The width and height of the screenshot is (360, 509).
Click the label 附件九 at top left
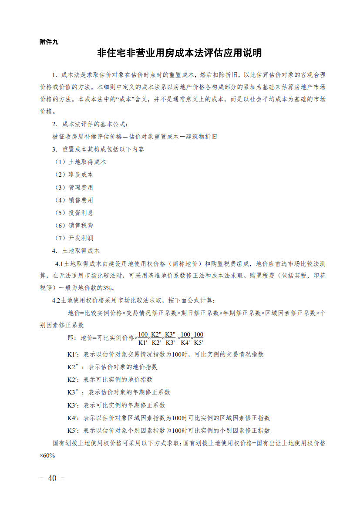coord(48,42)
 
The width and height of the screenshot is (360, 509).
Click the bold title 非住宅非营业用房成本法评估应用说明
coord(179,54)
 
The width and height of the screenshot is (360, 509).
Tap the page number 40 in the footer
coord(52,478)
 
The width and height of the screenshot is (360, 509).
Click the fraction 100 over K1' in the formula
coord(143,338)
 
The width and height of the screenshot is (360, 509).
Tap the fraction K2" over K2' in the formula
coord(157,338)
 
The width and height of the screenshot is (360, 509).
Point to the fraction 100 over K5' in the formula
coord(199,338)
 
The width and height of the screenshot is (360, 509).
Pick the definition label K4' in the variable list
coord(72,418)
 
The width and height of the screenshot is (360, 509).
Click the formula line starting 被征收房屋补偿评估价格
coord(135,137)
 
